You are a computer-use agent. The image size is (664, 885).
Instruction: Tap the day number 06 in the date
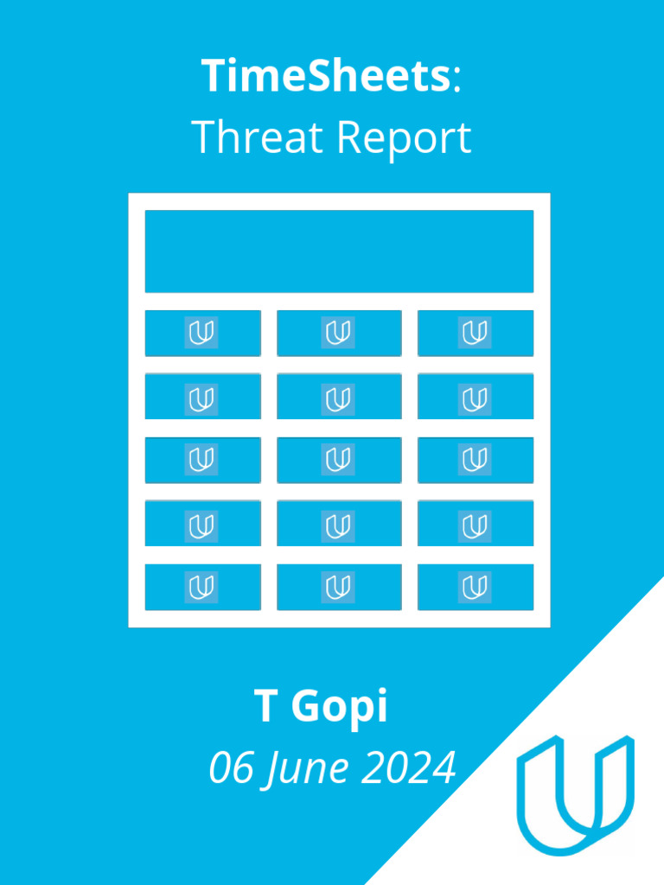[x=232, y=767]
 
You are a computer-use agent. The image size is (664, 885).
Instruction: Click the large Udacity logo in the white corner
[x=575, y=793]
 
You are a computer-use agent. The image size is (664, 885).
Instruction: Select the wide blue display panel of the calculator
[x=339, y=251]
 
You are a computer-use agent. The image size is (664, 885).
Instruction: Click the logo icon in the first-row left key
[x=201, y=333]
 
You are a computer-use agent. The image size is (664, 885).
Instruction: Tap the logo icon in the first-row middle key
[x=338, y=333]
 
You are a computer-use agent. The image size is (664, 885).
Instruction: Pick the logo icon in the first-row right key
[x=475, y=333]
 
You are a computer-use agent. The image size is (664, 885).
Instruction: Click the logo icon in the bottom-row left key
[x=201, y=587]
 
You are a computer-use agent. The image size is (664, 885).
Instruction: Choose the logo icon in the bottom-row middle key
[x=338, y=587]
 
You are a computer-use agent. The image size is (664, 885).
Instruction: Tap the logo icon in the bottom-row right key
[x=475, y=587]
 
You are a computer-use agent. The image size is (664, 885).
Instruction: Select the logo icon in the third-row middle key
[x=338, y=460]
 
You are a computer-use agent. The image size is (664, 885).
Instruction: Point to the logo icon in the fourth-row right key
[x=475, y=524]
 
